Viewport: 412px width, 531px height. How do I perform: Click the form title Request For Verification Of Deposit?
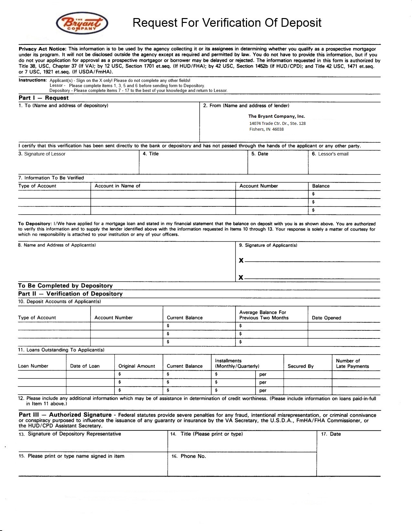pos(227,23)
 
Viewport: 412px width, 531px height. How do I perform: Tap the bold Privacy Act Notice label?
pos(42,49)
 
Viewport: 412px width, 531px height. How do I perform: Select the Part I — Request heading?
pos(44,98)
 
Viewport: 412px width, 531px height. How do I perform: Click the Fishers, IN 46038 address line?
pos(266,129)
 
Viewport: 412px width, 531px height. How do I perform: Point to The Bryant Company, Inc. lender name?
pos(276,116)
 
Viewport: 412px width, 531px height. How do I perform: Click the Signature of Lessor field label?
pos(42,154)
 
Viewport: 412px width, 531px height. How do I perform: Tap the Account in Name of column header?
pos(117,186)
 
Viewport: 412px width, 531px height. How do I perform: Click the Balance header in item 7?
pos(321,186)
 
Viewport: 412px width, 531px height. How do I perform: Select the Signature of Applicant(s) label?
pos(268,245)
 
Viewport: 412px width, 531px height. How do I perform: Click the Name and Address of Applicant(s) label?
pos(57,245)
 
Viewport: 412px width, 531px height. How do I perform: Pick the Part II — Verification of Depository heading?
pos(70,294)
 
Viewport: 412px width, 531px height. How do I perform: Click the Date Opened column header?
pos(326,318)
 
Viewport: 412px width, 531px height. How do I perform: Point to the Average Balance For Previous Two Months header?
pos(264,315)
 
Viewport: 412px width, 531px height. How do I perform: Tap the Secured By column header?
pos(301,366)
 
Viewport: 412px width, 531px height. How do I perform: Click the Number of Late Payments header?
pos(352,364)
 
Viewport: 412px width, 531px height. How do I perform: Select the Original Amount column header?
pos(137,366)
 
